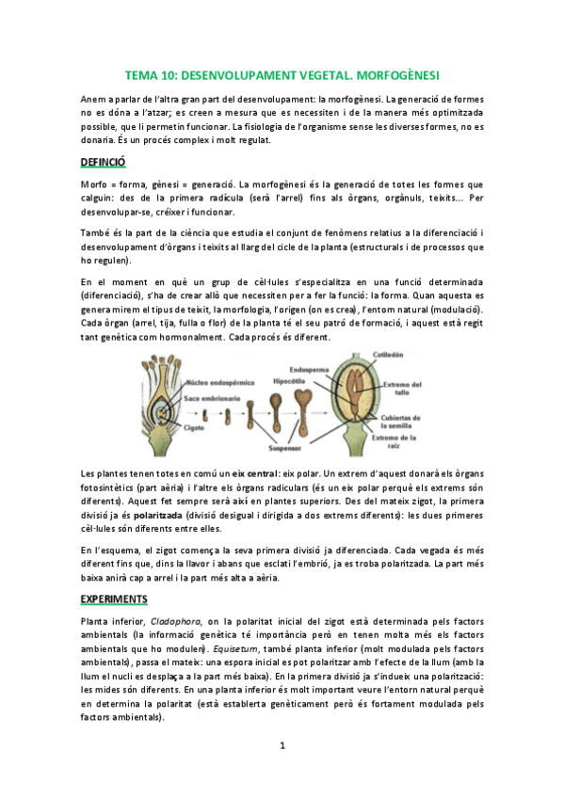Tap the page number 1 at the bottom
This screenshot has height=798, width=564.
tap(282, 746)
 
